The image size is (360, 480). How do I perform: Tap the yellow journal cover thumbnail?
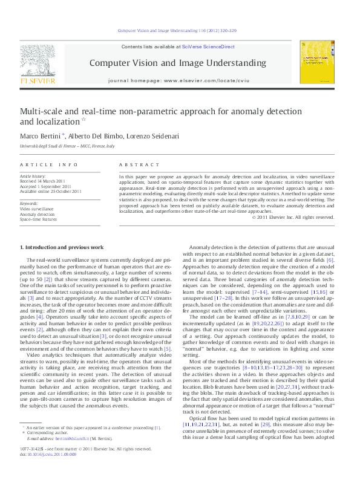click(x=319, y=62)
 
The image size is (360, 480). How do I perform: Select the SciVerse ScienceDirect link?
click(x=213, y=47)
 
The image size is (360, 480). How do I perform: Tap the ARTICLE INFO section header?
click(x=49, y=165)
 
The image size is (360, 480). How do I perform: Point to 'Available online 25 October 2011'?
click(x=50, y=190)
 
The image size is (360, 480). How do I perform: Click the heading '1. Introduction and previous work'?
click(x=62, y=247)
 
